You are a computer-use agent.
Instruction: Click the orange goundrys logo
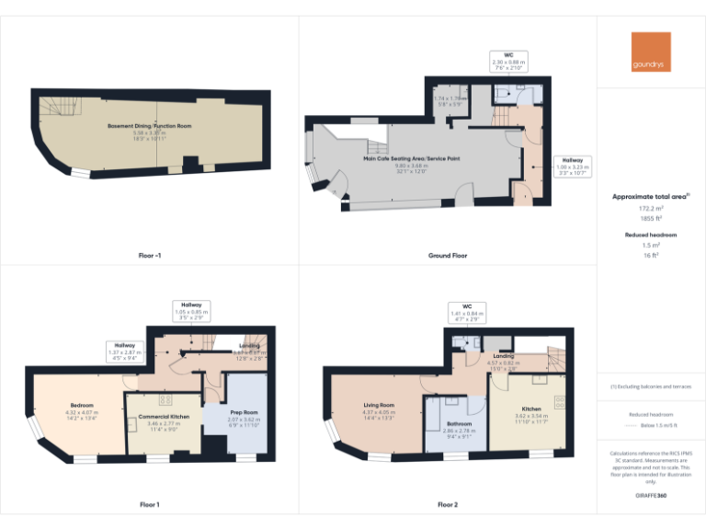[651, 52]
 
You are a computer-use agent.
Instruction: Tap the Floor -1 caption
[149, 255]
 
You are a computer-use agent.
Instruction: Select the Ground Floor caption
[448, 255]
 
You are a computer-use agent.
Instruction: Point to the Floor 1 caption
[149, 504]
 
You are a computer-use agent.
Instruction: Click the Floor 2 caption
[448, 504]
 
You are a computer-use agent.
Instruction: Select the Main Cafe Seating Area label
[412, 159]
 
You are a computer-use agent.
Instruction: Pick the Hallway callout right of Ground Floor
[572, 166]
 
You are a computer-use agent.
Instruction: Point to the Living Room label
[379, 405]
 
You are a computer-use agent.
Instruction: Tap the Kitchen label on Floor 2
[531, 409]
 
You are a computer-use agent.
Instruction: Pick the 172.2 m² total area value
[651, 209]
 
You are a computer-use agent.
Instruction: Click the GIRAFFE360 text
[651, 496]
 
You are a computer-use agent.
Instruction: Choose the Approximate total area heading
[649, 197]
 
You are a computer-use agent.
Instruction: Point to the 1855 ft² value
[651, 219]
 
